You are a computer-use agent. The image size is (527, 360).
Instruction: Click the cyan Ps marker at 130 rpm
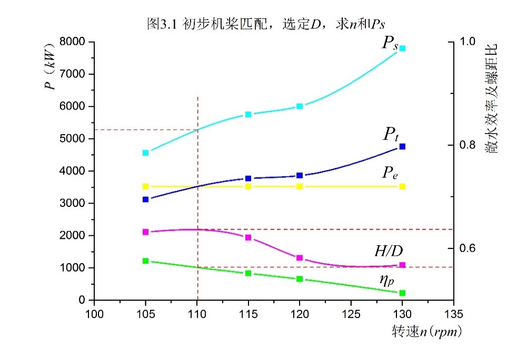[402, 48]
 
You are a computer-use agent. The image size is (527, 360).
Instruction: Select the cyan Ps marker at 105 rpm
[146, 153]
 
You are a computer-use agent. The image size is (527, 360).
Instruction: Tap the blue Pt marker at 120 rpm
[300, 175]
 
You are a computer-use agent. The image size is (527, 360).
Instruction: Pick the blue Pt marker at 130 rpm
[402, 146]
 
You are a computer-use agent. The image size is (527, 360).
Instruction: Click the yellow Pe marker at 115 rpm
[248, 186]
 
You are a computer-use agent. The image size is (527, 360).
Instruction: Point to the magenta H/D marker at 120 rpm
[300, 258]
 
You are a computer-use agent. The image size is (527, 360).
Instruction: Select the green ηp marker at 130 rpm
[402, 293]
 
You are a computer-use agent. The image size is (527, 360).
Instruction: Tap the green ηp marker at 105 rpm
[146, 261]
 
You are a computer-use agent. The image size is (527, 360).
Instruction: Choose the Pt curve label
[390, 135]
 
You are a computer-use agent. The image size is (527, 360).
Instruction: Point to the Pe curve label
[390, 173]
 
